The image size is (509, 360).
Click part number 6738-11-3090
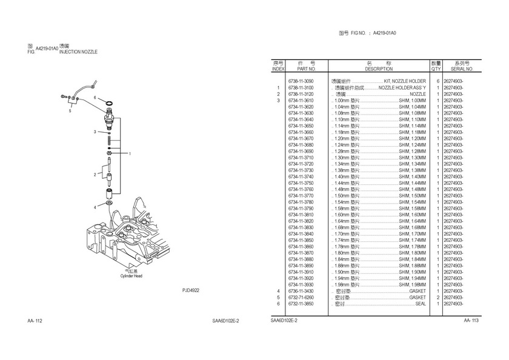point(301,81)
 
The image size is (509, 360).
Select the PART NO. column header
point(301,69)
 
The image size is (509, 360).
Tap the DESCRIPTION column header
point(379,69)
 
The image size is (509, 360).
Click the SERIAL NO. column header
point(462,69)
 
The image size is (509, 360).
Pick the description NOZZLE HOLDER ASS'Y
point(402,88)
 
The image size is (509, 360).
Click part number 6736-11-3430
point(301,291)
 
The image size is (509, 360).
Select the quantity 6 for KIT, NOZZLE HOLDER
point(437,81)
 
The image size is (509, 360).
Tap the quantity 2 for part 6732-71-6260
point(437,298)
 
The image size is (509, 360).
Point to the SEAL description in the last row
point(421,304)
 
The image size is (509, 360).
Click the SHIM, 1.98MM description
point(412,285)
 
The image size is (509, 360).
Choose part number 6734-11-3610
point(301,101)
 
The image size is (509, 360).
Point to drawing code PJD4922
point(191,290)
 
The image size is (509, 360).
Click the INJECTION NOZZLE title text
point(78,52)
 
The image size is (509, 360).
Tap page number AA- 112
point(35,321)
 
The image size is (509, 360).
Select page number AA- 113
point(471,321)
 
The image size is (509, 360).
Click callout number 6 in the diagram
point(95,98)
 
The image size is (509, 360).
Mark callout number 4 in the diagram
point(95,207)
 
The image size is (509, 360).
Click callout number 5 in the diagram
point(70,111)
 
